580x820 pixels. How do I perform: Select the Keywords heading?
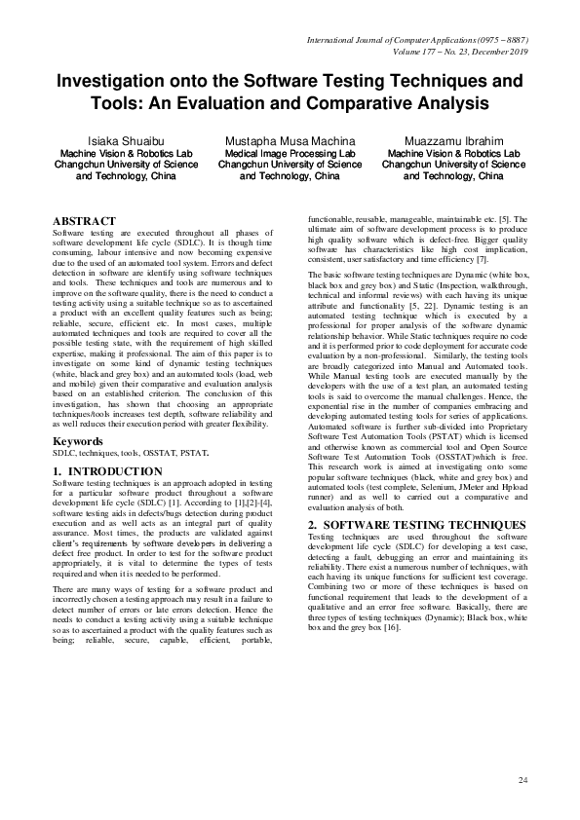click(x=77, y=441)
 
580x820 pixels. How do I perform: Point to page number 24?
click(x=522, y=781)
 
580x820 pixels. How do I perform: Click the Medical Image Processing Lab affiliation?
click(x=290, y=154)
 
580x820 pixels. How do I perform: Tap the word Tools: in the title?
click(x=146, y=102)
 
